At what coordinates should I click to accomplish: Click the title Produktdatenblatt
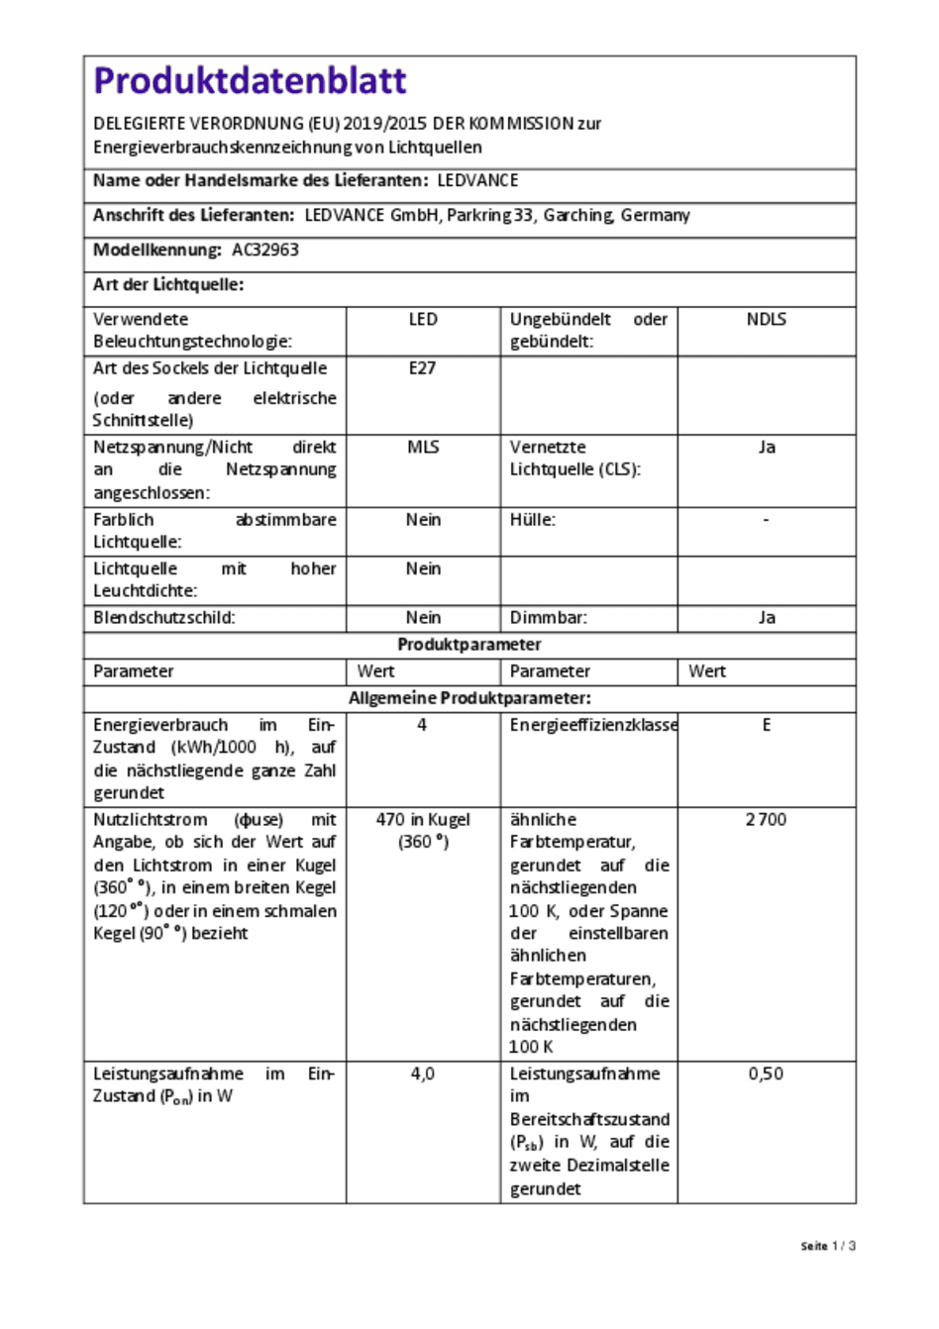pos(250,81)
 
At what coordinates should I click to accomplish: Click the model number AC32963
pos(265,251)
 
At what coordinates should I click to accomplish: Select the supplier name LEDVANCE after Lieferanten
pos(477,181)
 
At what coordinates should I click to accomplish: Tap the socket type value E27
pos(422,368)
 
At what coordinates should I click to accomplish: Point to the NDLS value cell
pos(766,320)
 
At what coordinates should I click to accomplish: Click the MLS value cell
pos(423,448)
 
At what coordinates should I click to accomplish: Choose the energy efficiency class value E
pos(766,726)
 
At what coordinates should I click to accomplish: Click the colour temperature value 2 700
pos(766,820)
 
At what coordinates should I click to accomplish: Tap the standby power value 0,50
pos(766,1074)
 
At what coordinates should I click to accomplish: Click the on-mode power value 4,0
pos(423,1074)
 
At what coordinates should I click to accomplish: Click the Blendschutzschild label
pos(164,618)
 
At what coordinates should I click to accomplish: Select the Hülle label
pos(532,520)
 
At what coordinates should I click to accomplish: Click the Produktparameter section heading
pos(469,645)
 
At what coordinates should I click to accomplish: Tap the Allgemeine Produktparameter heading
pos(469,698)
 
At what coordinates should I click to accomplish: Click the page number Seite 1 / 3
pos(828,1246)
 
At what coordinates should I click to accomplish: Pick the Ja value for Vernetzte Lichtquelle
pos(766,448)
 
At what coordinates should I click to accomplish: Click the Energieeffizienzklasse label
pos(593,726)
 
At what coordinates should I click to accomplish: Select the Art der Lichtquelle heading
pos(168,285)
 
